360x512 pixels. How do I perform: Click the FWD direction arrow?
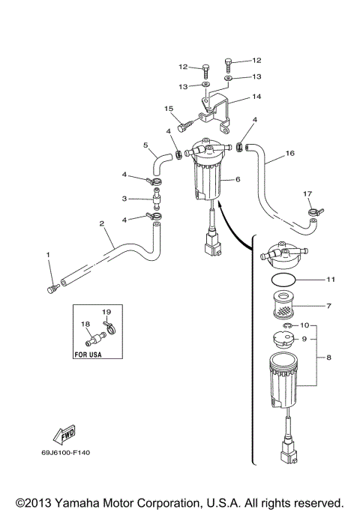click(64, 434)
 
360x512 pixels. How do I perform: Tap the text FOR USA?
click(88, 355)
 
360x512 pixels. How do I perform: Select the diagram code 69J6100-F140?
click(66, 453)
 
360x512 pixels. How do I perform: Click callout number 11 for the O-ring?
click(331, 279)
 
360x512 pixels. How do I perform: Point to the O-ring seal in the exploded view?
click(283, 280)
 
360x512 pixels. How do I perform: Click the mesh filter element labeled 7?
click(283, 305)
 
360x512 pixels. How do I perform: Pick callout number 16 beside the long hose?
click(289, 153)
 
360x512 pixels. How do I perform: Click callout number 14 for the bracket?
click(256, 96)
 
